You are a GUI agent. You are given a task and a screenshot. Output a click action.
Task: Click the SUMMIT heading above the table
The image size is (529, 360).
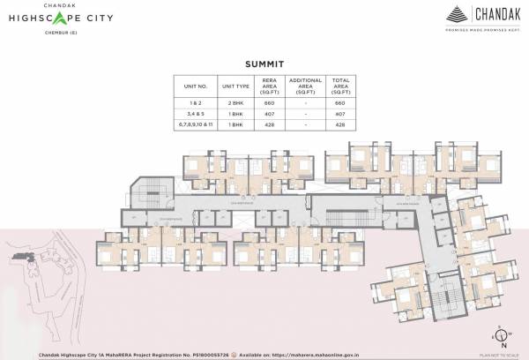[x=264, y=64]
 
